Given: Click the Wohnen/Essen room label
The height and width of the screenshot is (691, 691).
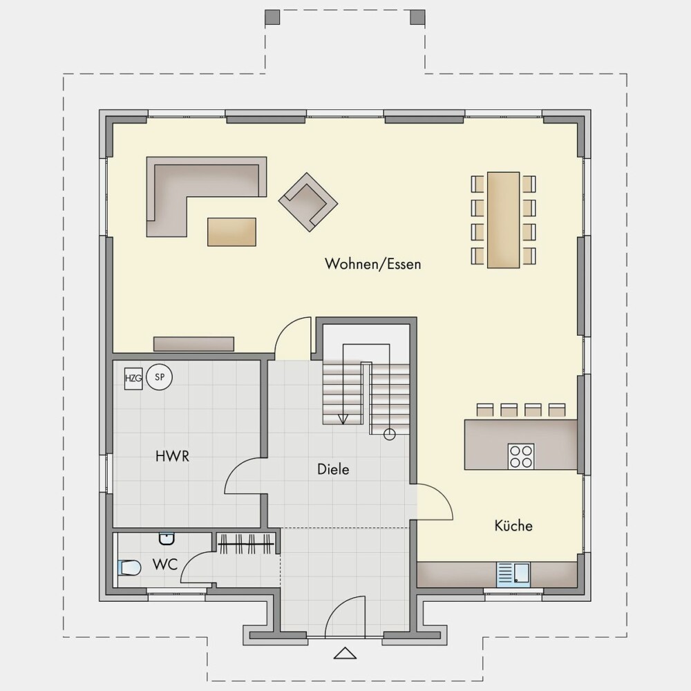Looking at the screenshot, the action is [x=373, y=264].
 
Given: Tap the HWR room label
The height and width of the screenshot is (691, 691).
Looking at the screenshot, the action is [x=172, y=456].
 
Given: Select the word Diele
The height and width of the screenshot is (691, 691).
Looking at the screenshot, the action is [x=333, y=469].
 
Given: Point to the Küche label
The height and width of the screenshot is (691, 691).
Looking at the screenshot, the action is [x=513, y=525].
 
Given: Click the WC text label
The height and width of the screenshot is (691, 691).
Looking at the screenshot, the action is [x=165, y=564].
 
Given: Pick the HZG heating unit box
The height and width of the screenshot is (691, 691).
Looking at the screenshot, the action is [x=133, y=379].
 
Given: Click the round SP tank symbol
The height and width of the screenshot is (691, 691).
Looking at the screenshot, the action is [x=159, y=377].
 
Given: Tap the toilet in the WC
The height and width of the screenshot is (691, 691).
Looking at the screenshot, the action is [x=129, y=567].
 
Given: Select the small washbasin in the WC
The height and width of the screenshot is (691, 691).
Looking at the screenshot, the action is [x=167, y=538].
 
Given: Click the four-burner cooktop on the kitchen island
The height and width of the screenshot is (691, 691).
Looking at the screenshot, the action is [x=521, y=456].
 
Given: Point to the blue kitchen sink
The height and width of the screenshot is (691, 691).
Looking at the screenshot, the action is [x=513, y=575].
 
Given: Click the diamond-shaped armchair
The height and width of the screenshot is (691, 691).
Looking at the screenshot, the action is [x=308, y=202].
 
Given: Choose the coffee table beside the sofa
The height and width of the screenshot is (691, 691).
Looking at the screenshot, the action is [x=231, y=231].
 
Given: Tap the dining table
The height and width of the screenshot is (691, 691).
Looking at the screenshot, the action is [x=503, y=220].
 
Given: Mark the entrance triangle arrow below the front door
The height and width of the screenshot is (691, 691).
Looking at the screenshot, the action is [x=345, y=653].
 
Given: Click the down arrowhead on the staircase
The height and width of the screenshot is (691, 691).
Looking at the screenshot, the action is [x=343, y=419].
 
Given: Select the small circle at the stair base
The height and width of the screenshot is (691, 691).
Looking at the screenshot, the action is [x=390, y=435].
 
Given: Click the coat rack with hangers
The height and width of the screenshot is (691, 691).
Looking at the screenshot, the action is [x=247, y=545].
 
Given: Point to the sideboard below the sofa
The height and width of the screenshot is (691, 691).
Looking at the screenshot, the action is [x=193, y=343].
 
